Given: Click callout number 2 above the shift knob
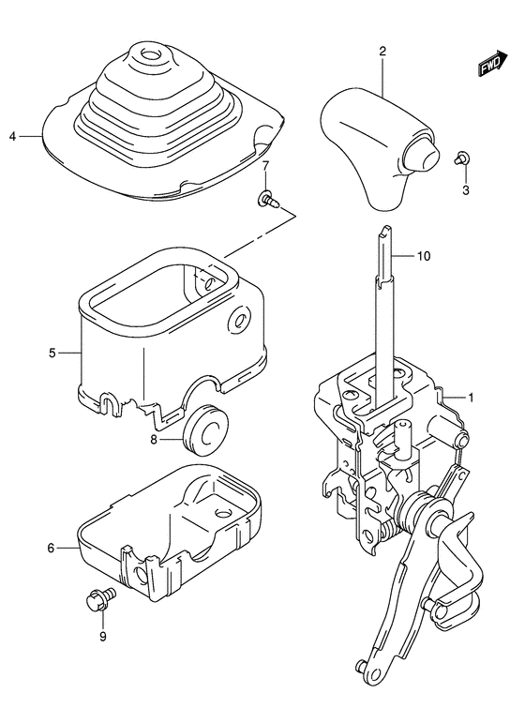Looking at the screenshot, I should pos(382,52).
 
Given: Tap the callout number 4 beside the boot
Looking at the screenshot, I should pos(12,137).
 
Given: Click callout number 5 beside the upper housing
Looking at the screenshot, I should pos(52,353).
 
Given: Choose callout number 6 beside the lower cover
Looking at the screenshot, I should pos(52,548).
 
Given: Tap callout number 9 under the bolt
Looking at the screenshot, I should pos(103,637).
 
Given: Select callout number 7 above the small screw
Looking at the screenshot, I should pos(265,166).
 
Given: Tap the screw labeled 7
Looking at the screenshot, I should pos(267,198).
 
